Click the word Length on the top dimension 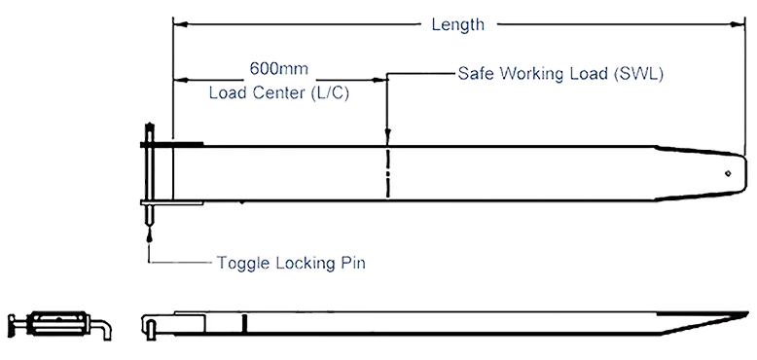tap(457, 25)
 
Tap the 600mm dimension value tap(279, 68)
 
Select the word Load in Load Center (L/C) tap(228, 93)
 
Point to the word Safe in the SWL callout tap(477, 74)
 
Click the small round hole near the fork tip tap(728, 173)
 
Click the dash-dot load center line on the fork tap(387, 173)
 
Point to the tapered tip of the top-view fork tap(743, 173)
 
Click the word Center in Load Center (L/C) tap(278, 93)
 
